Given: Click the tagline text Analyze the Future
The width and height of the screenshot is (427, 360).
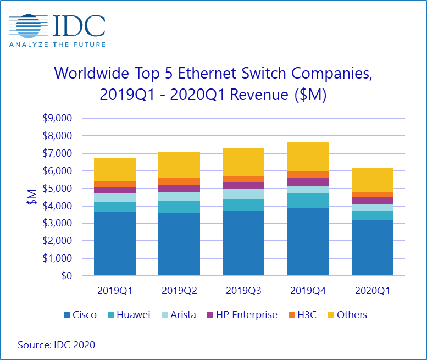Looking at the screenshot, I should coord(58,44).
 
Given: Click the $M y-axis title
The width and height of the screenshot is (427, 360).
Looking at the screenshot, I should coord(33,197).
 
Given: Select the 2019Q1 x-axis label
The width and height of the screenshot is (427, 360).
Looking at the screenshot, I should coord(115,291).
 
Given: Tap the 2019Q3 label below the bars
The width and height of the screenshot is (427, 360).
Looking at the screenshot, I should coord(243,291).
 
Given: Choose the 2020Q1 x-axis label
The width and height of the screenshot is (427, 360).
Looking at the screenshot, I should coord(372,291).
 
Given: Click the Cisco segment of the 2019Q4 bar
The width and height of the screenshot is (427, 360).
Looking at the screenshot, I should coord(308,242).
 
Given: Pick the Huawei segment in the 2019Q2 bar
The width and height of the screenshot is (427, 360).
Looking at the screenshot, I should coord(179,207).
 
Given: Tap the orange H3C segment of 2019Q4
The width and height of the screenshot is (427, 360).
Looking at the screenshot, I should coord(308,175).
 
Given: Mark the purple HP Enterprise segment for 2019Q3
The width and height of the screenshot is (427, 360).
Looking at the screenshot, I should coord(243,186).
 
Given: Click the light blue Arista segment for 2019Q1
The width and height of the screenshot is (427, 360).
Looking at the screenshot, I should coord(115,197).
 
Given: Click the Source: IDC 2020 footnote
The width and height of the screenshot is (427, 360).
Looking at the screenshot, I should coord(56,345).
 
